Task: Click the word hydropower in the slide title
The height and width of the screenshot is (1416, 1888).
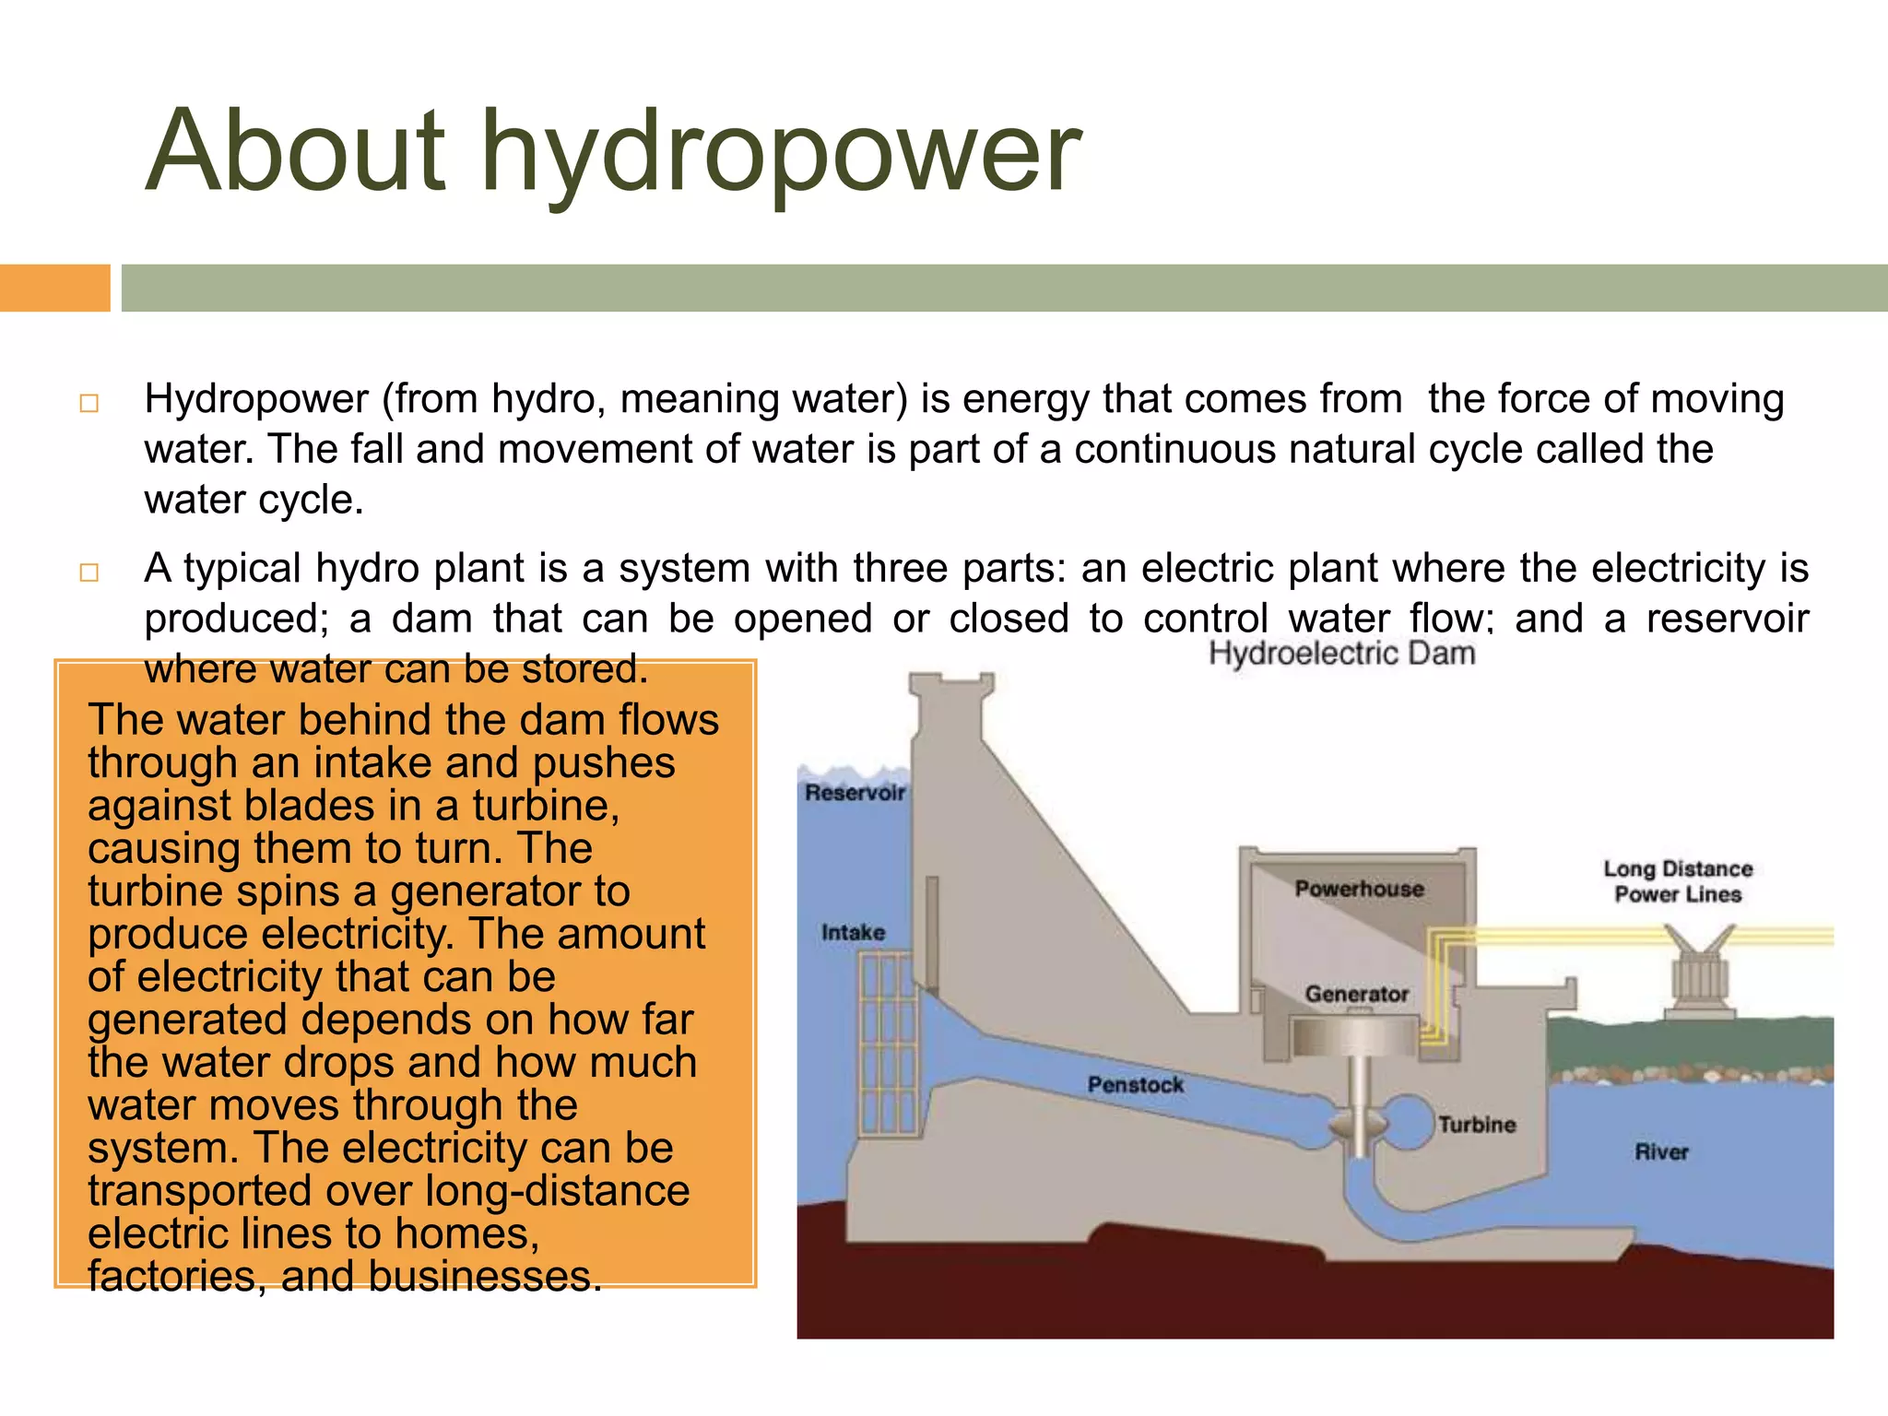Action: tap(781, 152)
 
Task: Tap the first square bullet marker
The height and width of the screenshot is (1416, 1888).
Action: tap(89, 403)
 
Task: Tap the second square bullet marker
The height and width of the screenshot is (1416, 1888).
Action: tap(89, 572)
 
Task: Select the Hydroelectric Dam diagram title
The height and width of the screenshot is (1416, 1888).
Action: tap(1341, 654)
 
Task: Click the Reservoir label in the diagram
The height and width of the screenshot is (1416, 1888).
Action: tap(855, 793)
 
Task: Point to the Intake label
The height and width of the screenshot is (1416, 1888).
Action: tap(853, 932)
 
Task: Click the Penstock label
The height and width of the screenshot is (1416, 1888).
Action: tap(1135, 1084)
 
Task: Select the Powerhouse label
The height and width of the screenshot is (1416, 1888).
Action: tap(1359, 889)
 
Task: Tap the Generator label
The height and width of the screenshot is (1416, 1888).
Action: tap(1356, 994)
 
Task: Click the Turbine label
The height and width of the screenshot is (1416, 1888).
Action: tap(1477, 1124)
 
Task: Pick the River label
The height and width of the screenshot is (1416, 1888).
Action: tap(1661, 1151)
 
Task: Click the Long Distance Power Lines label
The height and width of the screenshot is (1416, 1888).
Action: tap(1678, 881)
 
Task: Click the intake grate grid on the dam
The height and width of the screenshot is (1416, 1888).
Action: tap(889, 1042)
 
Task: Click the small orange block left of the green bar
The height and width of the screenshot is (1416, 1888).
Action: tap(54, 288)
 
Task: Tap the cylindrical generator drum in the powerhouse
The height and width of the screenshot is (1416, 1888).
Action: tap(1354, 1037)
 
